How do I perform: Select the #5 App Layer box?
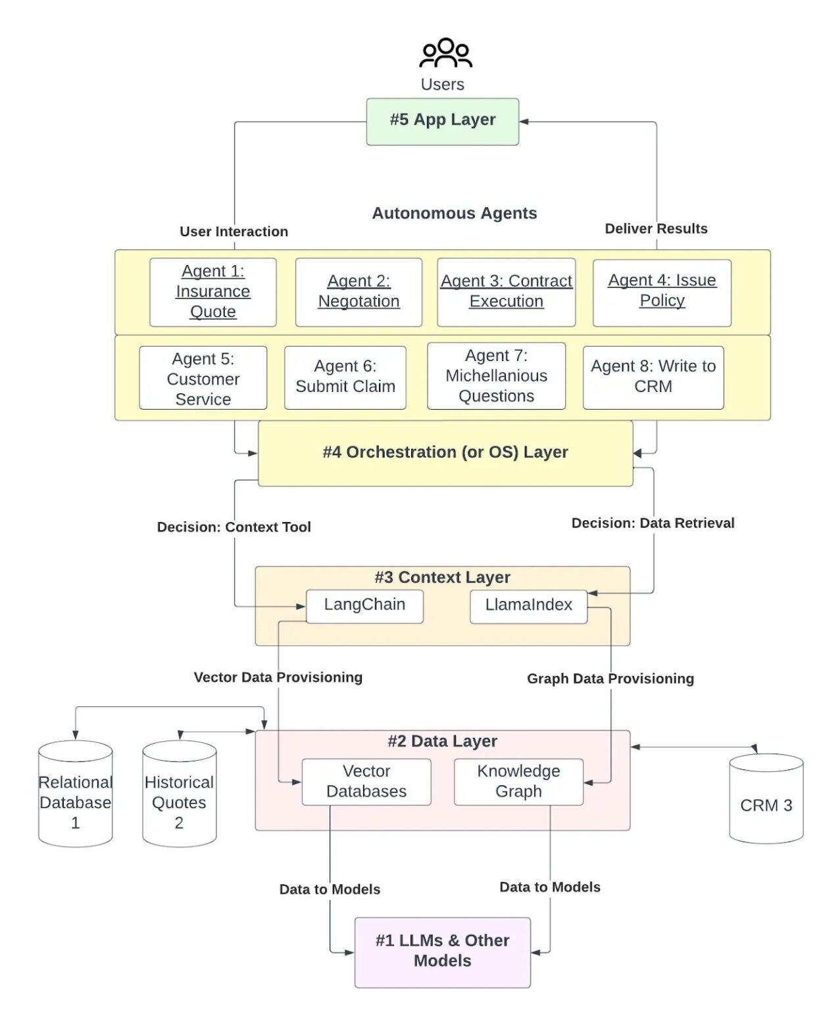(442, 122)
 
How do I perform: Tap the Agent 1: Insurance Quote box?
(212, 292)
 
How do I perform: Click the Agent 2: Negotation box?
(359, 292)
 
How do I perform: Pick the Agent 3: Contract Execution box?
(506, 292)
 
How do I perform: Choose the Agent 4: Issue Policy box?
(662, 292)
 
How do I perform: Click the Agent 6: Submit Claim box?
(345, 377)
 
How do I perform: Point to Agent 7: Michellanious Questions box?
(496, 376)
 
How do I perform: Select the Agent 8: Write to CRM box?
(653, 377)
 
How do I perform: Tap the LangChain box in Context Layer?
(364, 606)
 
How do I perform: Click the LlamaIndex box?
(528, 606)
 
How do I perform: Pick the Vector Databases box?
(366, 782)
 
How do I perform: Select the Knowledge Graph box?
(518, 782)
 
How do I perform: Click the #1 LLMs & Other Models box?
(442, 951)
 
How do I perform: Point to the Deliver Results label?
(656, 229)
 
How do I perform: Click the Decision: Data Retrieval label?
(653, 523)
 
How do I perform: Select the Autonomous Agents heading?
(454, 214)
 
